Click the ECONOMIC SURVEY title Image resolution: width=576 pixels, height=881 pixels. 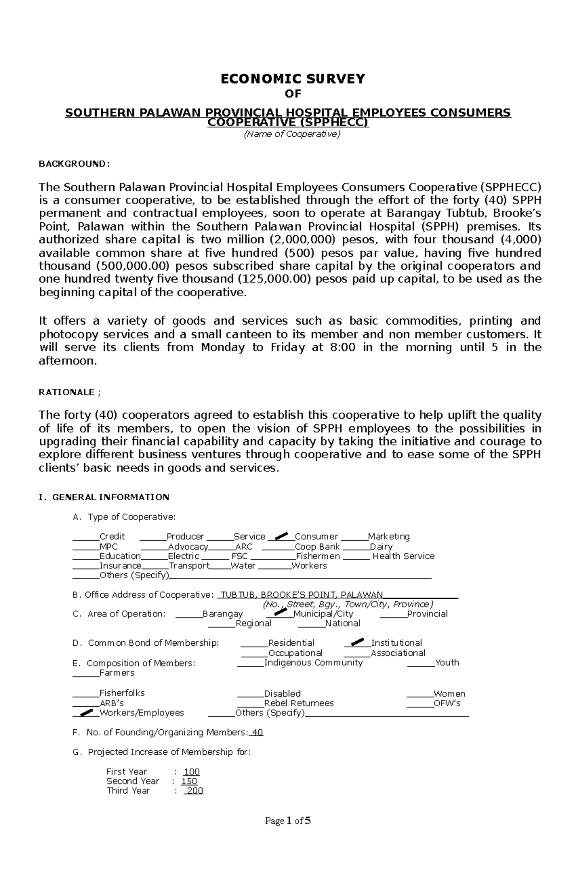click(x=293, y=79)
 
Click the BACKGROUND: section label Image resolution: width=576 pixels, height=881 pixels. click(x=74, y=164)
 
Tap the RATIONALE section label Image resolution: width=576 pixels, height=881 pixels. click(x=67, y=392)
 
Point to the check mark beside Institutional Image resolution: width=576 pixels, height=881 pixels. click(x=358, y=641)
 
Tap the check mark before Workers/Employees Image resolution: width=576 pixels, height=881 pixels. click(x=86, y=712)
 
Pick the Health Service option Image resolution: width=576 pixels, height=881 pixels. click(x=403, y=556)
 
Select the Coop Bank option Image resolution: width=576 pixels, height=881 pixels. click(x=317, y=546)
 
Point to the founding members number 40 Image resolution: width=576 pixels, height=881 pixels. click(x=258, y=732)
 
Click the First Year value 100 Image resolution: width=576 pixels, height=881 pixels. click(x=192, y=772)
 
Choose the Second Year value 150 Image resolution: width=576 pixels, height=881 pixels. click(x=189, y=781)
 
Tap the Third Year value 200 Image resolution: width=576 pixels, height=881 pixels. click(x=195, y=791)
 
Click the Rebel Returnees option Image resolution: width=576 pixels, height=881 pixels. click(x=299, y=703)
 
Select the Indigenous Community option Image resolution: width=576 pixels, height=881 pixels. click(x=313, y=663)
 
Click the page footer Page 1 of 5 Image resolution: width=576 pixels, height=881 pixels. click(x=288, y=821)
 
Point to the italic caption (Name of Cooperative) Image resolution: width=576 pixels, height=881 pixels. click(x=292, y=134)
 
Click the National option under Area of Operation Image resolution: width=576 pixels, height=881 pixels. click(x=342, y=623)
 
